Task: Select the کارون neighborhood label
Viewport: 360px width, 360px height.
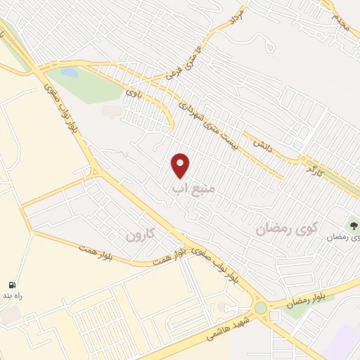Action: click(139, 234)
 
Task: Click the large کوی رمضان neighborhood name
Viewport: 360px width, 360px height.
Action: click(287, 226)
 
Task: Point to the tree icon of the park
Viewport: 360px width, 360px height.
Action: click(354, 226)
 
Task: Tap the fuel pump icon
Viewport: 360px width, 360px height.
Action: click(12, 285)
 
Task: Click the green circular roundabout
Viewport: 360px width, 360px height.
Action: click(261, 308)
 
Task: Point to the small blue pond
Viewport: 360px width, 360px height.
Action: click(69, 72)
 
